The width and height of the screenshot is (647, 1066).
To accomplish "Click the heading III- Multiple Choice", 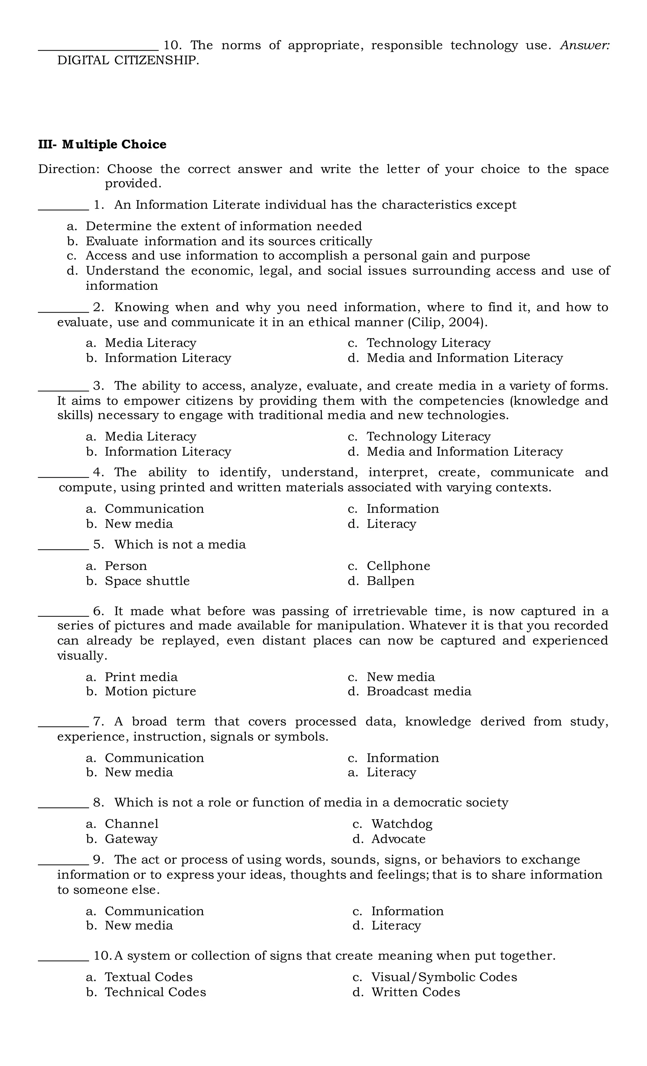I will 102,144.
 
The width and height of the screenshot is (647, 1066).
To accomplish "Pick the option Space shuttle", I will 147,581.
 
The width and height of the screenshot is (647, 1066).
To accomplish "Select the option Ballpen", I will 390,581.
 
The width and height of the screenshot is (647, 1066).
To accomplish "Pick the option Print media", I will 141,677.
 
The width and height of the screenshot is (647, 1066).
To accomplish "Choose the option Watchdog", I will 402,824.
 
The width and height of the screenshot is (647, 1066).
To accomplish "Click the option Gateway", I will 131,839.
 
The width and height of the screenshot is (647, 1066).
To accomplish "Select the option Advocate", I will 398,839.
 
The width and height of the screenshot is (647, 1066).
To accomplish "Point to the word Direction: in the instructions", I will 69,169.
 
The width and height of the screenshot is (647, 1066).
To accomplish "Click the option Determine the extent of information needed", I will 224,226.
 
